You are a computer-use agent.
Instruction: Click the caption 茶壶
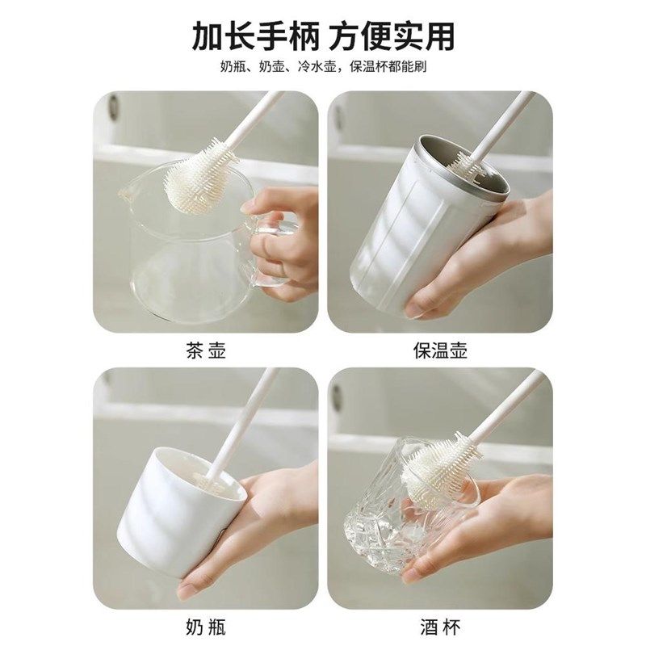coord(206,350)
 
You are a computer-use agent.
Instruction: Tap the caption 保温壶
coord(440,350)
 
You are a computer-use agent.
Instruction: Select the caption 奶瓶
coord(206,626)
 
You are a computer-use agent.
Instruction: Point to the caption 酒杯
coord(440,626)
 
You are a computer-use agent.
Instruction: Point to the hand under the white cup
coord(266,517)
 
